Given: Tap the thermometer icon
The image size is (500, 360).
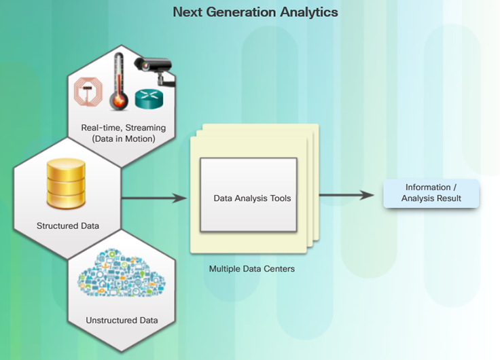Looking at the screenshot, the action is tap(119, 82).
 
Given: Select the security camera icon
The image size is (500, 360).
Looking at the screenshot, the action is tap(155, 71).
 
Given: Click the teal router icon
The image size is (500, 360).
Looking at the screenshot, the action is tap(149, 98).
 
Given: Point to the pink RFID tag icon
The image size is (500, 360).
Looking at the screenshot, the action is tap(88, 92).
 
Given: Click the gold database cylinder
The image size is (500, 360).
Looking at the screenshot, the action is tap(66, 183).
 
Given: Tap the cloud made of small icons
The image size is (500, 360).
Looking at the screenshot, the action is tap(122, 272).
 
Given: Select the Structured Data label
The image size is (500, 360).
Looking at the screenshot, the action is tap(68, 226).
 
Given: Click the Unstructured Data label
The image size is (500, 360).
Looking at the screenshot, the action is tap(122, 320).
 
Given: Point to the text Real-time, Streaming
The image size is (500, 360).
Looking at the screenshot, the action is tap(124, 128).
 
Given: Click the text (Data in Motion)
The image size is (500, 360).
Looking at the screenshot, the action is tap(124, 139).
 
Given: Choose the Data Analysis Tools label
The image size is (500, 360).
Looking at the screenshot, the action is tap(252, 198).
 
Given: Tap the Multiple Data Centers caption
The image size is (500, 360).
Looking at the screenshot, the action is tap(252, 269).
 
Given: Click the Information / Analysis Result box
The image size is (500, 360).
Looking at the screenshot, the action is tap(431, 194).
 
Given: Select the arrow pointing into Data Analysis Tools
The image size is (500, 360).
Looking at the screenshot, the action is tap(154, 198).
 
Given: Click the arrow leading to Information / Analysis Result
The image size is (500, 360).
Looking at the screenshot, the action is tap(346, 195).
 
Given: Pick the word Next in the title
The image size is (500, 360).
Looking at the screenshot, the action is tap(187, 12).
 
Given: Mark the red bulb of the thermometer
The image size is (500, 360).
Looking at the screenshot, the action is tap(119, 101).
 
